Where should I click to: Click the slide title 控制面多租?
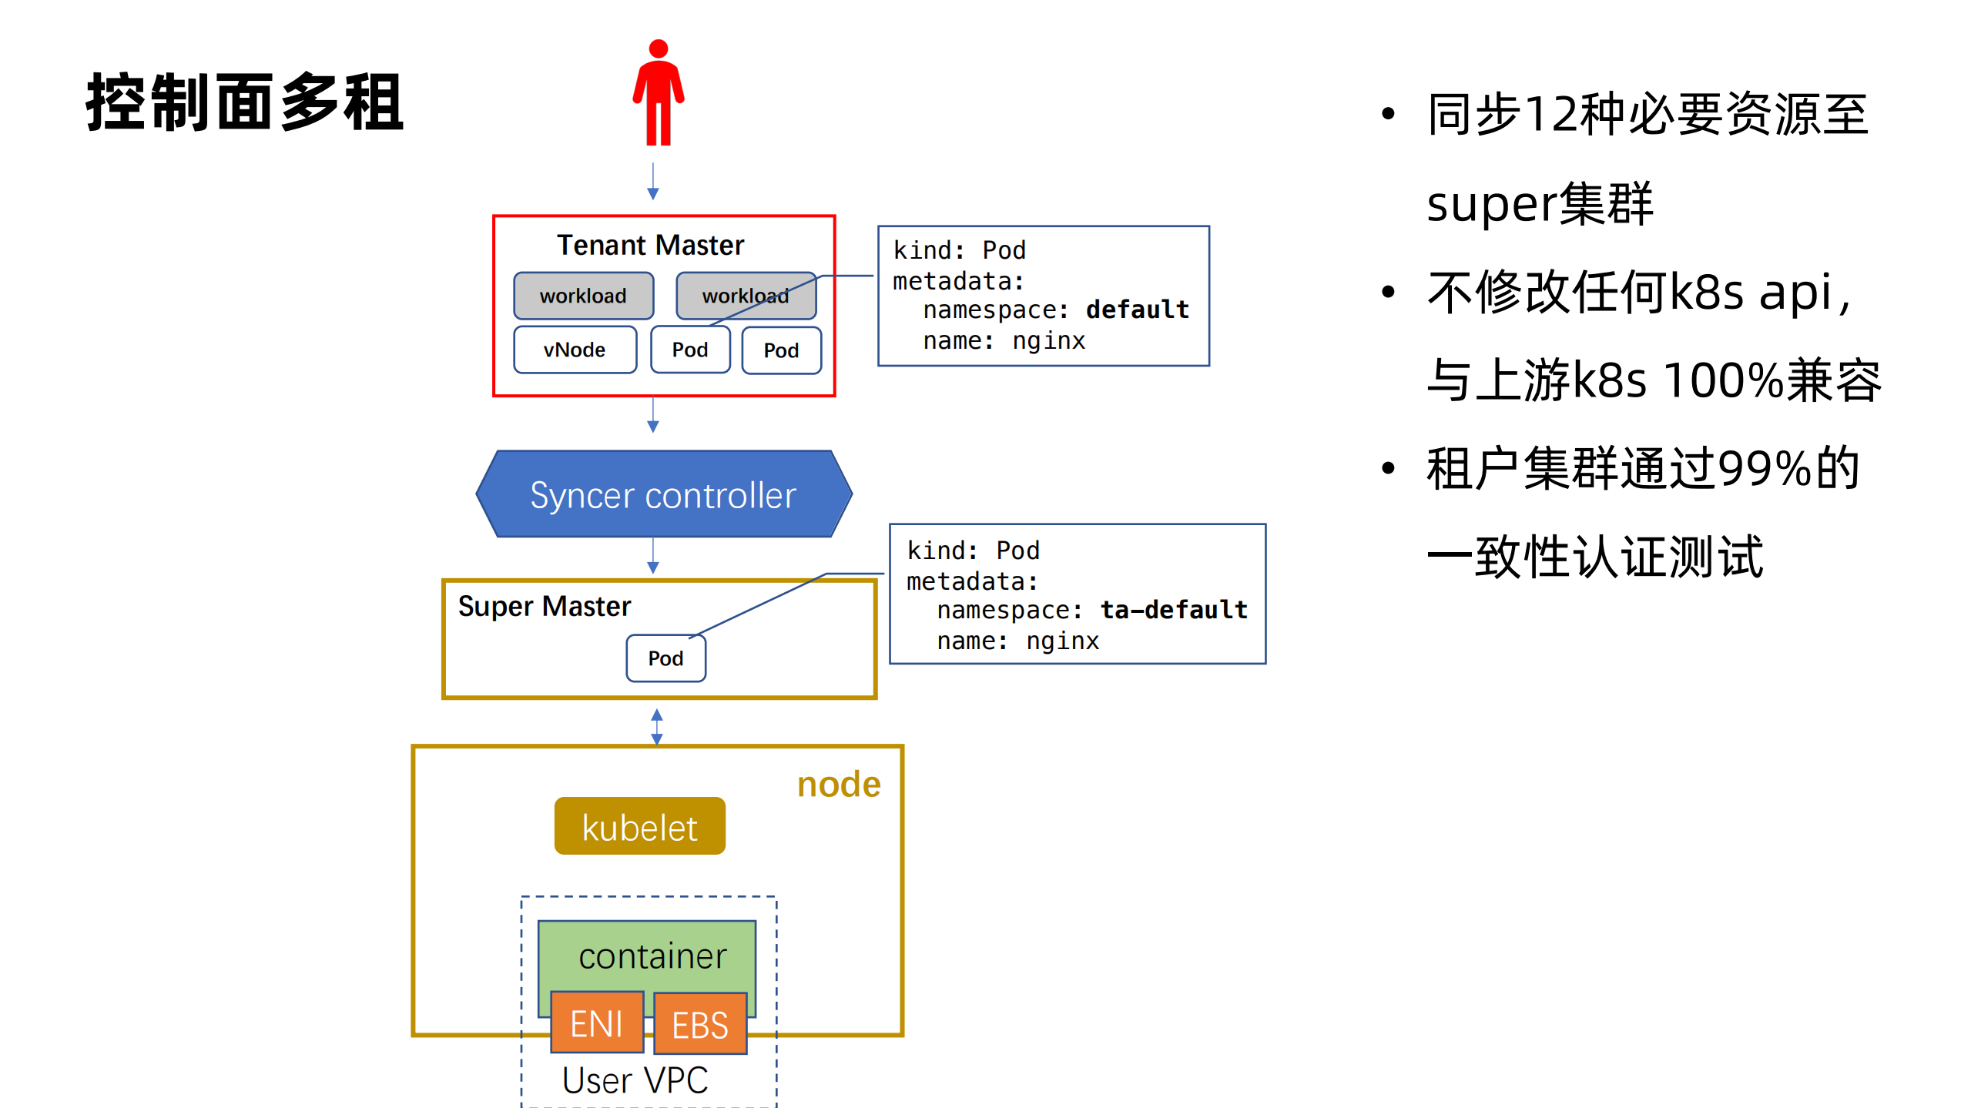tap(245, 102)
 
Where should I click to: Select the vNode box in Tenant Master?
tap(575, 350)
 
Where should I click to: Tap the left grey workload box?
tap(583, 296)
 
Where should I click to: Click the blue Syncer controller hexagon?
tap(663, 494)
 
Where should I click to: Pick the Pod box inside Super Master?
tap(665, 658)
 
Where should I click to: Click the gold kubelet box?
tap(639, 827)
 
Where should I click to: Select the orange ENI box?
tap(597, 1023)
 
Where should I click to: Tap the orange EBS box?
tap(699, 1025)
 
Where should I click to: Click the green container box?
tap(647, 955)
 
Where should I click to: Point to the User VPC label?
tap(635, 1080)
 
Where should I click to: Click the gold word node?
tap(838, 785)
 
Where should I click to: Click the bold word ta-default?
tap(1173, 610)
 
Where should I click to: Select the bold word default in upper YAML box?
tap(1137, 310)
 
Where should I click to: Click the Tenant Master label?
tap(650, 246)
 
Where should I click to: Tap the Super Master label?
tap(544, 607)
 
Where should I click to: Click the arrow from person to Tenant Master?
tap(652, 182)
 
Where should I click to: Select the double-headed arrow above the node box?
tap(656, 727)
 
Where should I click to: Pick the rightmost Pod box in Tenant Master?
tap(781, 351)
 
